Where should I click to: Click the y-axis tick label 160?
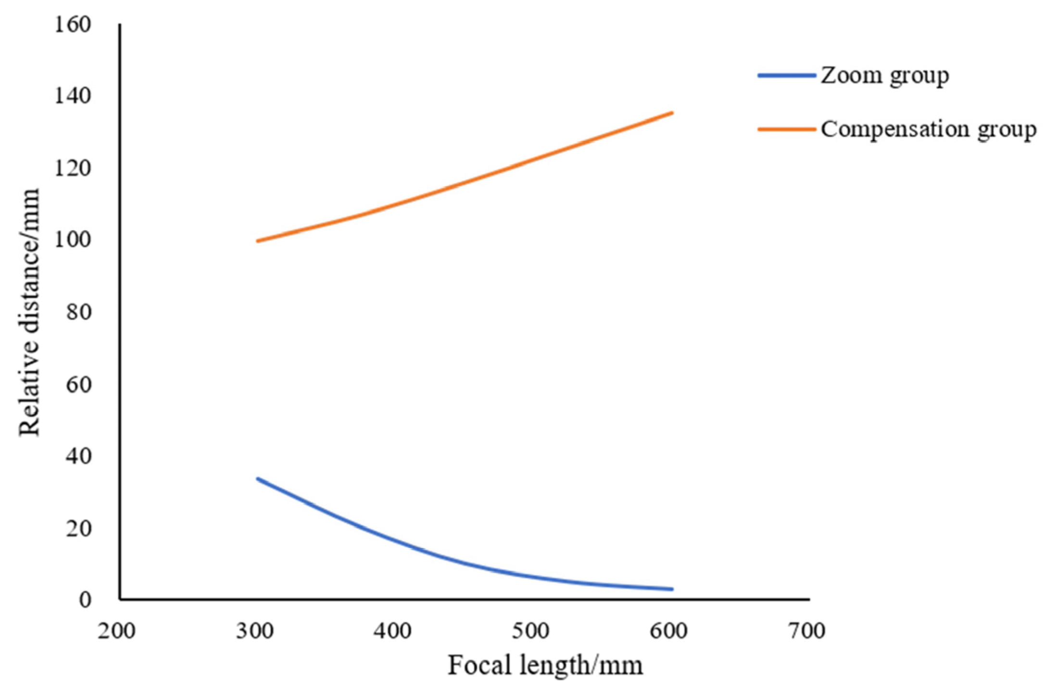tap(72, 25)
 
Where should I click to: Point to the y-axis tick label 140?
tap(72, 96)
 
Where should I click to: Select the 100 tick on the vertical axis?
tap(72, 239)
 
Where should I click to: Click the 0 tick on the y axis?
tap(85, 600)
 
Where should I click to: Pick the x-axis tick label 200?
tap(116, 631)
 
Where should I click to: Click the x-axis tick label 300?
tap(255, 631)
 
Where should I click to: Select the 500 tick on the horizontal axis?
tap(530, 631)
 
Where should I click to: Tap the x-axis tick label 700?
tap(806, 631)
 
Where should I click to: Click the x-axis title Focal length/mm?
tap(545, 666)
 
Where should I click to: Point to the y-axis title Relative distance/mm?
tap(29, 313)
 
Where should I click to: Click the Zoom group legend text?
tap(885, 75)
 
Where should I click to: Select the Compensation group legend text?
tap(928, 129)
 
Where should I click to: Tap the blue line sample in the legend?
tap(787, 75)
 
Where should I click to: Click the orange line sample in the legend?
tap(787, 129)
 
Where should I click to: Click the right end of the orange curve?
tap(672, 113)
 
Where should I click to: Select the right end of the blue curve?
tap(672, 589)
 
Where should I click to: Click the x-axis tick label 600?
tap(668, 631)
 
